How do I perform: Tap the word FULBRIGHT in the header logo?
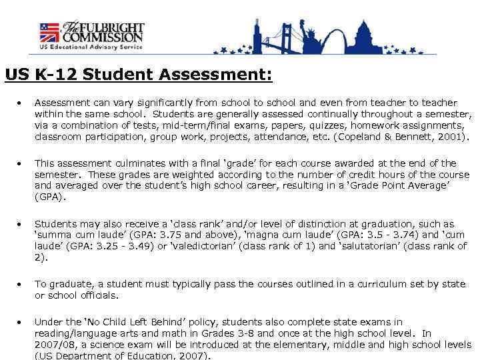tap(113, 29)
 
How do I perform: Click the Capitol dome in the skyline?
tap(366, 35)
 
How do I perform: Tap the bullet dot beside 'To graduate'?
tap(22, 285)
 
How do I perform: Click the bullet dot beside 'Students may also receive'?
tap(22, 224)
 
